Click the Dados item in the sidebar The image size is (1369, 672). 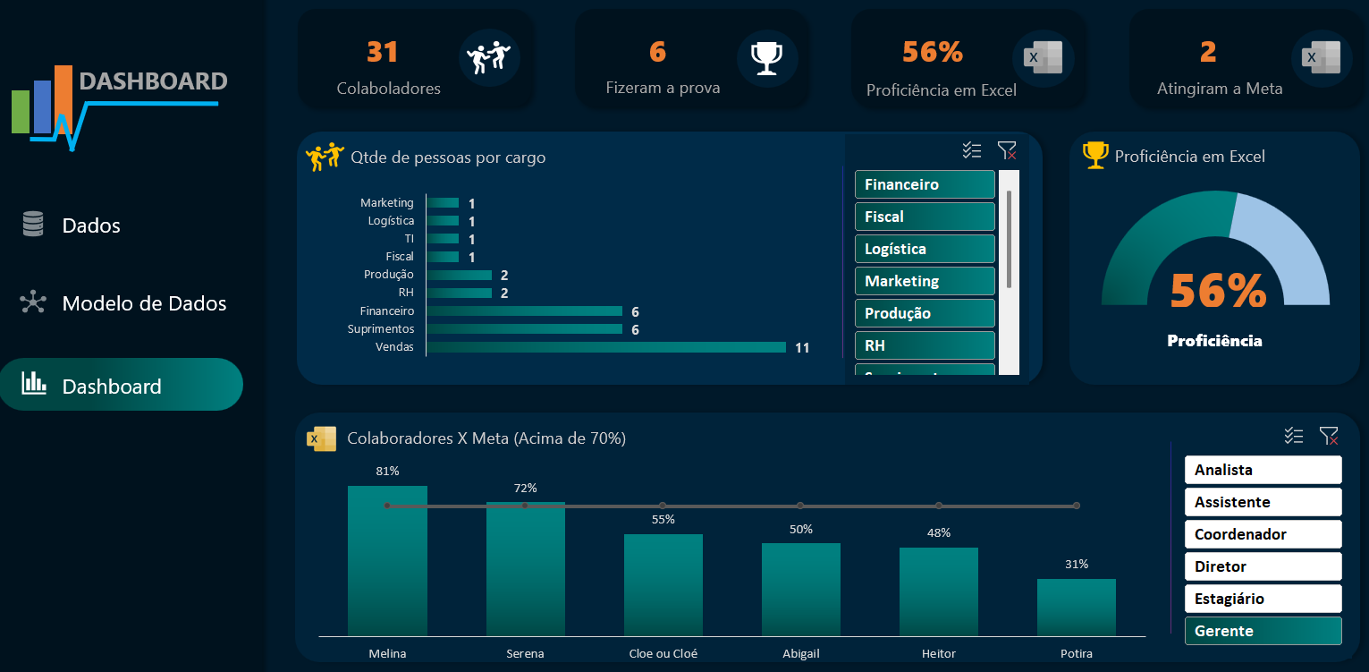(90, 225)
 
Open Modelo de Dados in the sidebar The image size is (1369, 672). (143, 303)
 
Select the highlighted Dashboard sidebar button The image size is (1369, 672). (121, 386)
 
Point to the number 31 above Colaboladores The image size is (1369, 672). (382, 53)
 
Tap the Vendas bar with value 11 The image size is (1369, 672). (605, 347)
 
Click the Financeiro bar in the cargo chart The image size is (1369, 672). (524, 311)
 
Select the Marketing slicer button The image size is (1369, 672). (924, 281)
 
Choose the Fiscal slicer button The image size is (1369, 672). (924, 217)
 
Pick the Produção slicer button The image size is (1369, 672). (924, 313)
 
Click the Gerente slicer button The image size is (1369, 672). (1262, 631)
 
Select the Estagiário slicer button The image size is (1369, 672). (1262, 599)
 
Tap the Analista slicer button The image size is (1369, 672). (1262, 470)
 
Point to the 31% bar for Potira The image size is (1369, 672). (1076, 608)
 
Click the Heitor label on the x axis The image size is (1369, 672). (938, 653)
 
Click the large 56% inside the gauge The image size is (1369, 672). (1218, 291)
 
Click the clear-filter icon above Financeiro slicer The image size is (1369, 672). (1007, 151)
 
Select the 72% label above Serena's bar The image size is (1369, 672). (525, 488)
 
